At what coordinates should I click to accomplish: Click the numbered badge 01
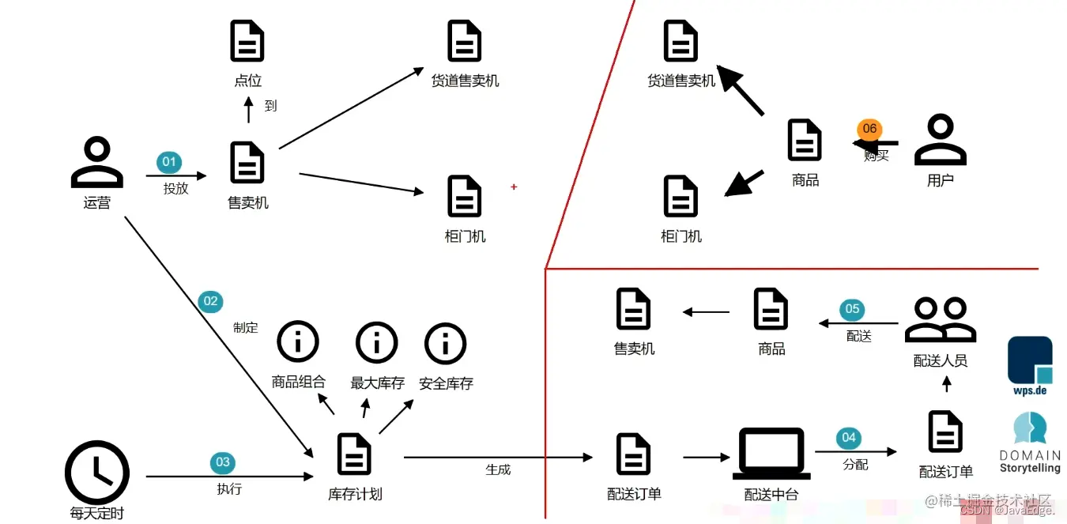tap(169, 163)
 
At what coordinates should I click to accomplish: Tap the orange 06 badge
tap(869, 129)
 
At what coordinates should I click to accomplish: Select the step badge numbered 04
tap(848, 437)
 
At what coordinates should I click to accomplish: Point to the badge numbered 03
tap(223, 462)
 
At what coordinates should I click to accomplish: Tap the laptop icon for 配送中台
tap(771, 454)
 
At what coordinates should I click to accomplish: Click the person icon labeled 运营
tap(96, 162)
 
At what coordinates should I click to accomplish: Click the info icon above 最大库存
tap(377, 343)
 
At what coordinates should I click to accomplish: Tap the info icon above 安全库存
tap(446, 343)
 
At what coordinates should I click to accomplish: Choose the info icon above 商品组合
tap(298, 343)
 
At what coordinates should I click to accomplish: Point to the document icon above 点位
tap(247, 41)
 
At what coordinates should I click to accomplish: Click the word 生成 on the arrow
tap(498, 469)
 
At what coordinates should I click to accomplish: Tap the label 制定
tap(246, 327)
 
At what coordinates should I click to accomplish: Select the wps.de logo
tap(1030, 366)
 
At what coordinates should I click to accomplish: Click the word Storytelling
tap(1030, 468)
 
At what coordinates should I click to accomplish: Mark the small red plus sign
tap(514, 187)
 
